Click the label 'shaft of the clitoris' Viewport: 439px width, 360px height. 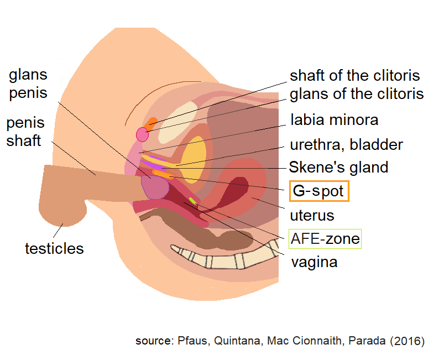354,76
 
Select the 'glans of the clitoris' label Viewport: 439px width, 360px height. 357,94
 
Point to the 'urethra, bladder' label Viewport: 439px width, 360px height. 346,145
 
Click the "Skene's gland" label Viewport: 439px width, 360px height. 339,166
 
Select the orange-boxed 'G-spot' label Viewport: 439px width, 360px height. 318,192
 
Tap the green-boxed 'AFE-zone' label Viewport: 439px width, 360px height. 325,239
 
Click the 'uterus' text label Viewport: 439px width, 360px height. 312,215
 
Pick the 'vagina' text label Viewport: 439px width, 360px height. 314,262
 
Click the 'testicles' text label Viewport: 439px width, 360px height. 54,248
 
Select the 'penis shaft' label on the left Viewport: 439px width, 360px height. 25,132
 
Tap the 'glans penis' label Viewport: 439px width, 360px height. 28,84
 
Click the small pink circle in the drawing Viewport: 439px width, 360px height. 143,134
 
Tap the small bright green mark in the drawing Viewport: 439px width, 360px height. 192,200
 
